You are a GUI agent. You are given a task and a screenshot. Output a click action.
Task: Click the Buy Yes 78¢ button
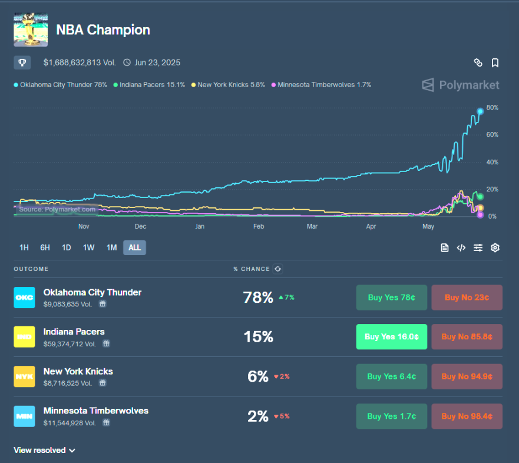point(391,297)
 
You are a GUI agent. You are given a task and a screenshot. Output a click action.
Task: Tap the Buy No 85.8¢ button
point(467,337)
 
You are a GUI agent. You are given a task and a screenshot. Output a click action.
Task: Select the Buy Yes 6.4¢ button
point(391,376)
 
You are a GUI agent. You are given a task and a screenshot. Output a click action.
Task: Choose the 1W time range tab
point(88,247)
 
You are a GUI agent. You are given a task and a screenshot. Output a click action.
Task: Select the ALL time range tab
point(134,247)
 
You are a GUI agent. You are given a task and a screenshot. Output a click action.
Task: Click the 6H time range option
point(45,247)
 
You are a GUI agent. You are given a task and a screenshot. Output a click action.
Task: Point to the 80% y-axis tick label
point(492,108)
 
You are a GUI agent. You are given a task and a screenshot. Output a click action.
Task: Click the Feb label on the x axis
point(258,226)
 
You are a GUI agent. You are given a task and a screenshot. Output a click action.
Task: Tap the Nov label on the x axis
point(84,226)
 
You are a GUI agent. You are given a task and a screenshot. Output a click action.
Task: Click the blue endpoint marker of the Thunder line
point(480,111)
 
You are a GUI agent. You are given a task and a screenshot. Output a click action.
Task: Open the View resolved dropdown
point(44,450)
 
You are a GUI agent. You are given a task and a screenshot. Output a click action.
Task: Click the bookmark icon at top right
point(495,62)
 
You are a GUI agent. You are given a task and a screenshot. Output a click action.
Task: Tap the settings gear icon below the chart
point(495,247)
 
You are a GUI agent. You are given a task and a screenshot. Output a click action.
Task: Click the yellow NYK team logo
point(24,376)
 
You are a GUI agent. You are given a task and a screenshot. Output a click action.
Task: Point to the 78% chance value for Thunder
point(257,297)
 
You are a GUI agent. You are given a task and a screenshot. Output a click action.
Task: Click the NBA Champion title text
point(103,29)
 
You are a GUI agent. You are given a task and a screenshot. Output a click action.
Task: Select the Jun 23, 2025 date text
point(157,62)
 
